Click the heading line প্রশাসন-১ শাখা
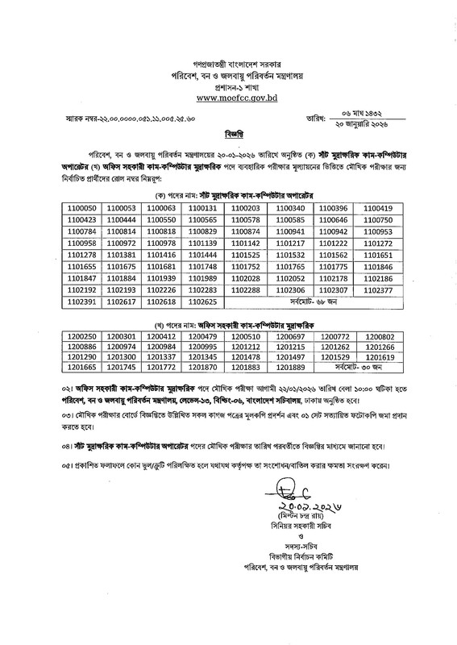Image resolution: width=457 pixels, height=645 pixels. click(230, 85)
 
